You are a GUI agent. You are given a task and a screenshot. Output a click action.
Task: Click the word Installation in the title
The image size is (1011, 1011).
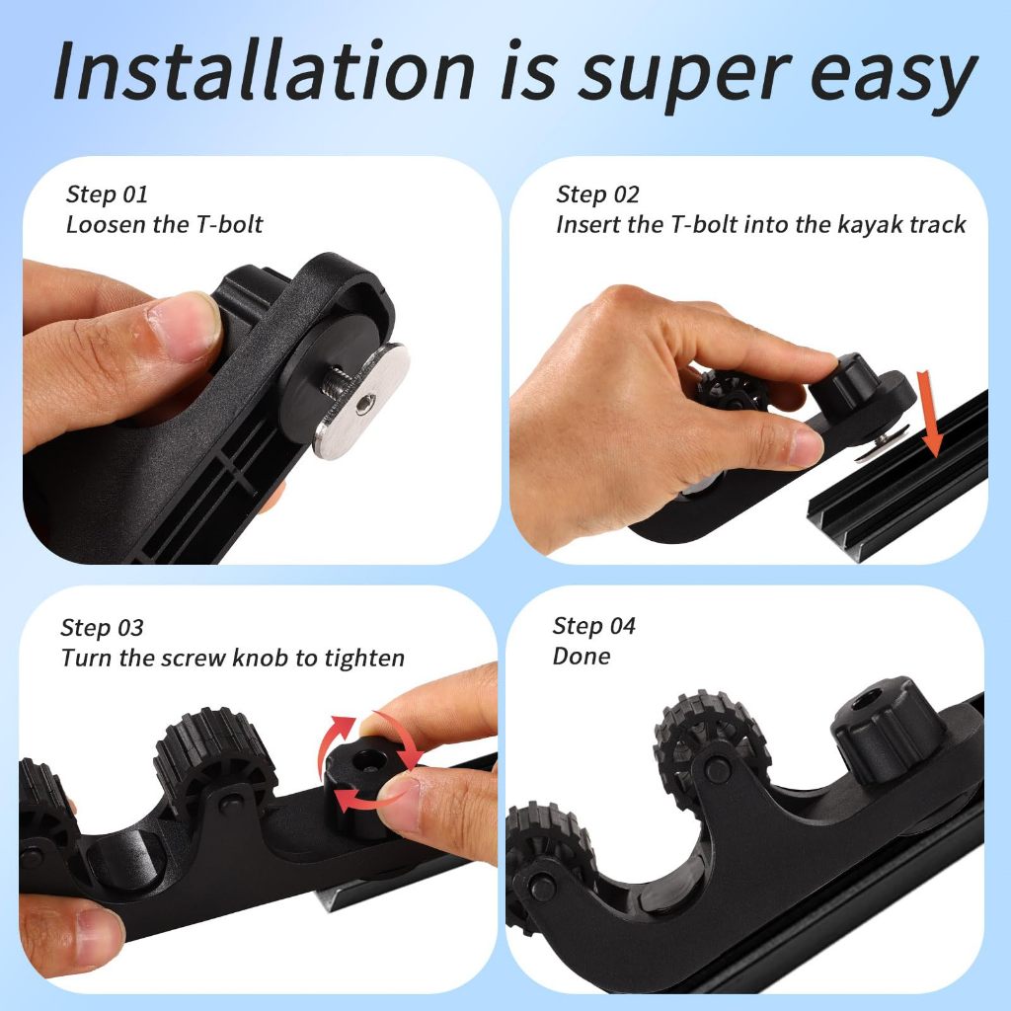coord(264,70)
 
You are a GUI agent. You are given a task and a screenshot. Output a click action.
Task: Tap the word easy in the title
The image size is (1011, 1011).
coord(893,77)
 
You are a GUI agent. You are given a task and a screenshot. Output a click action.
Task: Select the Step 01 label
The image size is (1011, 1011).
coord(107,194)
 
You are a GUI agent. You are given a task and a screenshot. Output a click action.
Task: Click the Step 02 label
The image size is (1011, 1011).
coord(597,194)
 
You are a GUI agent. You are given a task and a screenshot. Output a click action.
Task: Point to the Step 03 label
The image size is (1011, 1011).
coord(102,627)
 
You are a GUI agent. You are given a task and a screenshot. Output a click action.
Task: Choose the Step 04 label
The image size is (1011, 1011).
coord(593,625)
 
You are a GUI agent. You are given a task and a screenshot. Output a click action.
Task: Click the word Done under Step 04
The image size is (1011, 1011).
coord(582,656)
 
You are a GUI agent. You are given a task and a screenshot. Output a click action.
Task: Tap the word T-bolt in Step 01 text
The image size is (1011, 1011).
coord(229,224)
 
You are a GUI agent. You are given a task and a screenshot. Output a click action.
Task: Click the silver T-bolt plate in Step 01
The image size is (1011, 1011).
coord(361,401)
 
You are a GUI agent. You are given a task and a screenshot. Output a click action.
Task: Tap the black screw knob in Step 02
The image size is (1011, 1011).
coord(839,386)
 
